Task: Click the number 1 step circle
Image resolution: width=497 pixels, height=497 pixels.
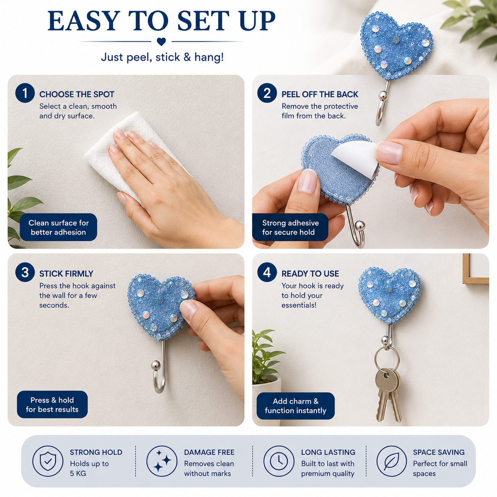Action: [25, 93]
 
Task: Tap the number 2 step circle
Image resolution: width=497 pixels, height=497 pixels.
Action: [267, 93]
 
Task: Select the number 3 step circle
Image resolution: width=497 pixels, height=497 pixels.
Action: [25, 272]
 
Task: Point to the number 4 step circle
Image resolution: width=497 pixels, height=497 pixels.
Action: [267, 272]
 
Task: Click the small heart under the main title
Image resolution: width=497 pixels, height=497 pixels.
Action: [161, 42]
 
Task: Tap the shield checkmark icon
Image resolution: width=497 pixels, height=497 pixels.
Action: [48, 461]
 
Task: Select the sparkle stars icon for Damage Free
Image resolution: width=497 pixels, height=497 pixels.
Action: [162, 461]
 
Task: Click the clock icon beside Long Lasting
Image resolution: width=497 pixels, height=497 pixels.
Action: [279, 461]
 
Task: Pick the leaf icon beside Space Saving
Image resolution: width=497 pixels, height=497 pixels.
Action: [392, 461]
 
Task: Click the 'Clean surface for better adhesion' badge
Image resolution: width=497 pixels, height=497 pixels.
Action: [59, 227]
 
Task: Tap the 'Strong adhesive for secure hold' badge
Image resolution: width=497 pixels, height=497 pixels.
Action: [290, 227]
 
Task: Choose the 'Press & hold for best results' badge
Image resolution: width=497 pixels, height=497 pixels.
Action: [52, 404]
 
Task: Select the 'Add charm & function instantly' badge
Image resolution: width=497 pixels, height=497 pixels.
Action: [296, 406]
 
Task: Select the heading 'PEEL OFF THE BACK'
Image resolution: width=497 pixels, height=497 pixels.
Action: [320, 94]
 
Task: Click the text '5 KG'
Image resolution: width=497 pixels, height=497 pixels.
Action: [78, 474]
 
